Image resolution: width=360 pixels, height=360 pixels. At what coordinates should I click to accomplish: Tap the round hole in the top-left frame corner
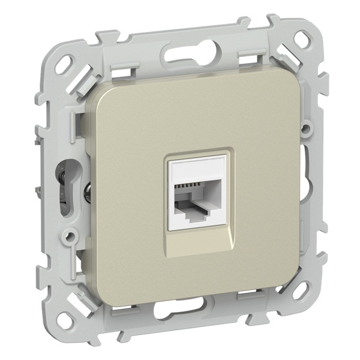coord(65,61)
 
